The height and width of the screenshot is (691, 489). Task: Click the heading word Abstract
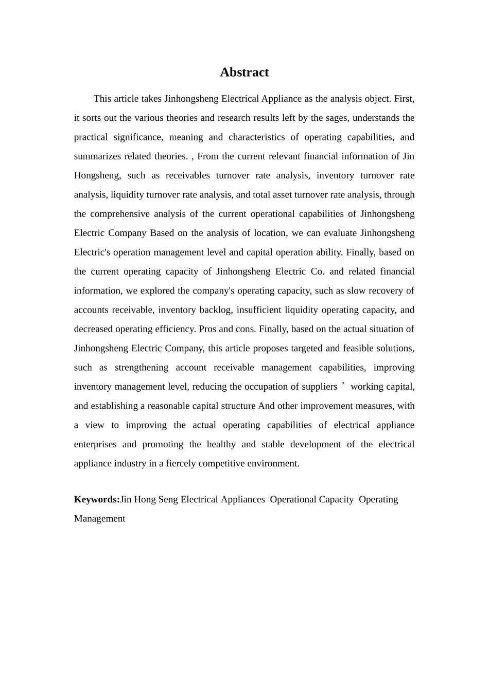pyautogui.click(x=244, y=72)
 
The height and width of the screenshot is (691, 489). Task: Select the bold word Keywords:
pyautogui.click(x=97, y=499)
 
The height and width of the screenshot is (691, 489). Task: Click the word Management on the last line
pyautogui.click(x=99, y=519)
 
